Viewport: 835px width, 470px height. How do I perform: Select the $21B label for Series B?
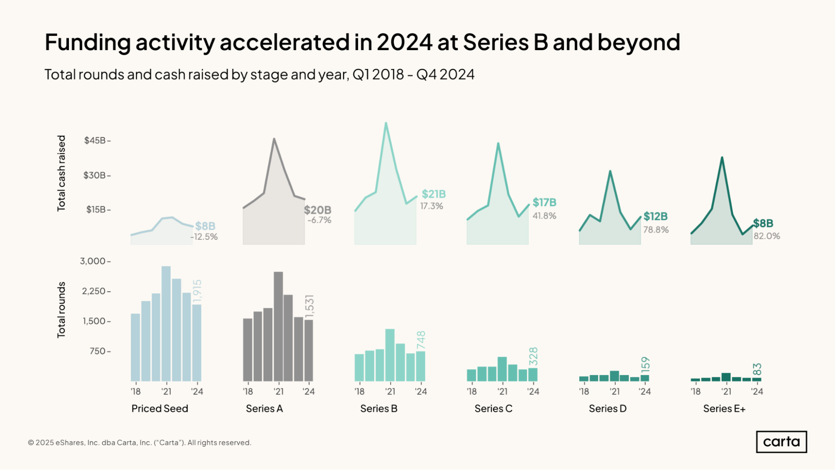pos(434,194)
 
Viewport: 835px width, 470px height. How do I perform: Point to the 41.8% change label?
pos(544,216)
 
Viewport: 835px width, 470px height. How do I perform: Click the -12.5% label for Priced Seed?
pos(204,237)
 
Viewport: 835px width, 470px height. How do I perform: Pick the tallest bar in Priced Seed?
pos(166,324)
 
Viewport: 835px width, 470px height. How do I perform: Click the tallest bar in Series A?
pos(278,326)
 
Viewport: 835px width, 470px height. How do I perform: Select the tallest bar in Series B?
pos(390,355)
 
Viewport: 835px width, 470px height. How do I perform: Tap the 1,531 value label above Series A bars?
pos(310,306)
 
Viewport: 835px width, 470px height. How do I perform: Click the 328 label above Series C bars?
pos(533,356)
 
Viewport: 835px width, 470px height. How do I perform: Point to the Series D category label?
pos(607,409)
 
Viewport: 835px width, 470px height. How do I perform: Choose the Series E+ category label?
pos(724,409)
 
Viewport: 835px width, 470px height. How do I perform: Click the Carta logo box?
pos(781,442)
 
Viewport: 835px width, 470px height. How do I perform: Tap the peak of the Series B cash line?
pos(386,123)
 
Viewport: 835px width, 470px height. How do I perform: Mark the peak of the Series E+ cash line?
pos(722,158)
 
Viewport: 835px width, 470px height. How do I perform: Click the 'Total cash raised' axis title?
pos(61,173)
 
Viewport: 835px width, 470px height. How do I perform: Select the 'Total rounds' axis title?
pos(61,310)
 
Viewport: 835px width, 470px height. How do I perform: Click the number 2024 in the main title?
pos(404,42)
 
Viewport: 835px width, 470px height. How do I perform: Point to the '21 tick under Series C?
pos(503,391)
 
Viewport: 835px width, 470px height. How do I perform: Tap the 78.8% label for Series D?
pos(656,230)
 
